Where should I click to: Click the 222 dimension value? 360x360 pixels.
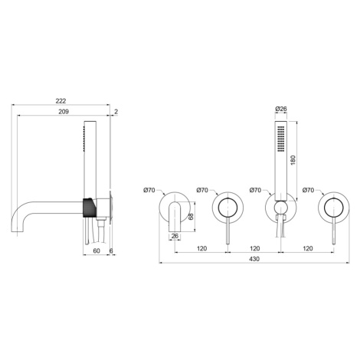tap(61, 101)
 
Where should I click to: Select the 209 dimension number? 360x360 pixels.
tap(64, 112)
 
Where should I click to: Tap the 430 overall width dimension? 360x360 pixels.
tap(254, 259)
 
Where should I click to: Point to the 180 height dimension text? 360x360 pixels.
tap(293, 160)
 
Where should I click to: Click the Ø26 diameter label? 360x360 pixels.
tap(281, 109)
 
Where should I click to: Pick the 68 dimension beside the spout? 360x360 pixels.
tap(191, 217)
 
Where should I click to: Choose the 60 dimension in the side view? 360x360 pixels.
tap(97, 251)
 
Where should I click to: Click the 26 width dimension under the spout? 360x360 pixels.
tap(175, 236)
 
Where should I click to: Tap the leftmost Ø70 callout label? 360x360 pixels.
tap(149, 190)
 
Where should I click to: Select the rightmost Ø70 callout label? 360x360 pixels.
tap(308, 190)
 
